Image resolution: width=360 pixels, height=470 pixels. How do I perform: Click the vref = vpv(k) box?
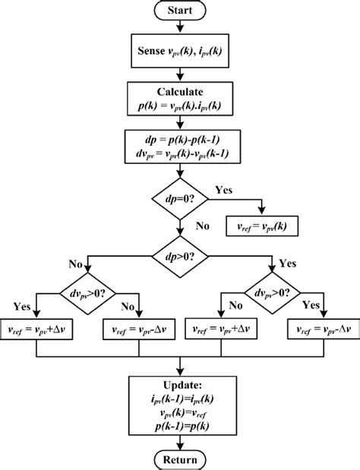pyautogui.click(x=262, y=226)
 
